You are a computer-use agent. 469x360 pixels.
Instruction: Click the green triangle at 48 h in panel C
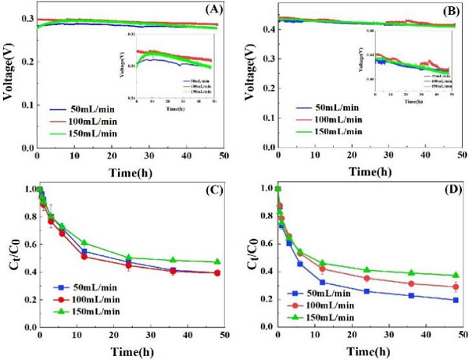point(216,262)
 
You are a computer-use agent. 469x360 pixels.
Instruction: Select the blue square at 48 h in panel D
point(454,300)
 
